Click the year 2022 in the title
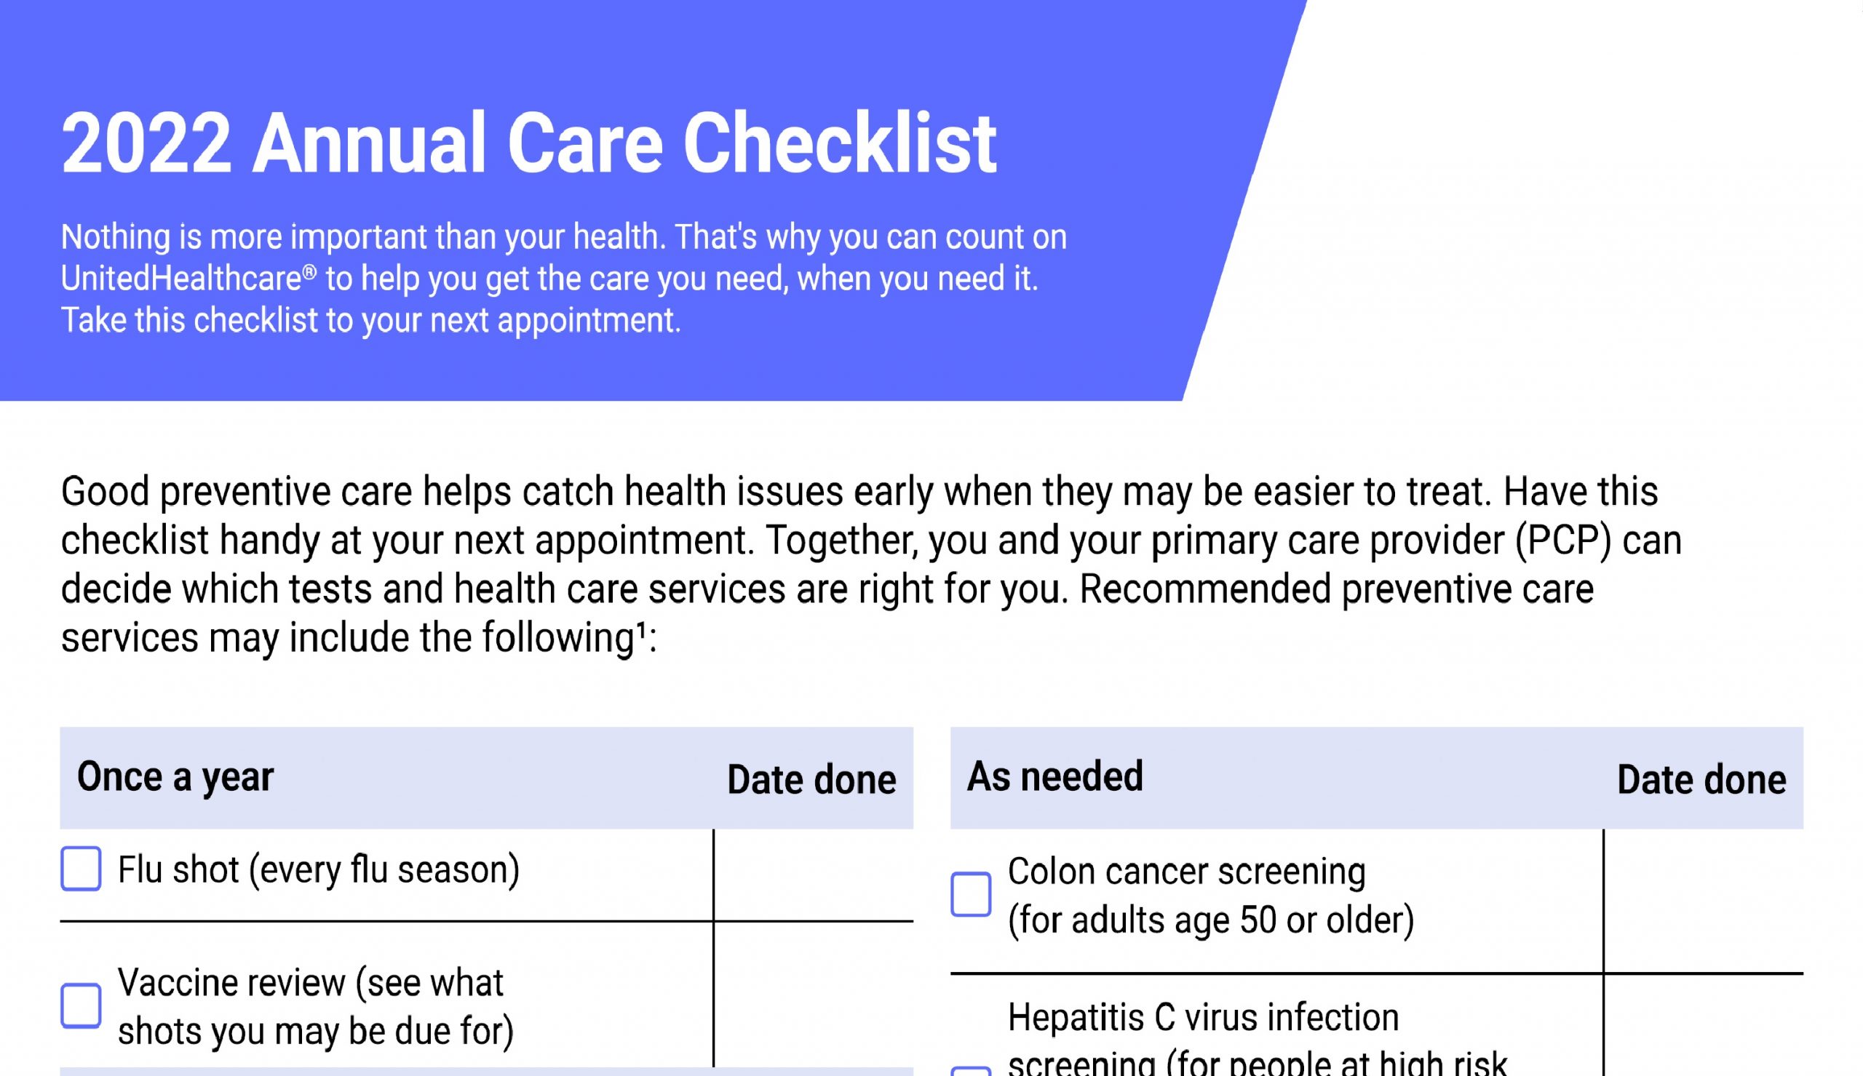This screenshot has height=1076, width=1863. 146,143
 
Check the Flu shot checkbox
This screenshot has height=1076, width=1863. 81,869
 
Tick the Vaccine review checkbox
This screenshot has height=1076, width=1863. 81,1005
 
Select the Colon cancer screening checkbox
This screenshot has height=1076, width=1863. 970,894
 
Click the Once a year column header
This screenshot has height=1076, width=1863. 175,777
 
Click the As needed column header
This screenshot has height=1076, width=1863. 1054,776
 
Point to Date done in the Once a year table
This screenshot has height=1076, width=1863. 811,780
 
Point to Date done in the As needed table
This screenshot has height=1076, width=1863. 1701,780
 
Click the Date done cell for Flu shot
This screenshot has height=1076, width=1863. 814,875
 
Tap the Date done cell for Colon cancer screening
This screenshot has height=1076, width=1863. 1704,901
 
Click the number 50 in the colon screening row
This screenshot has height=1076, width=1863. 1258,920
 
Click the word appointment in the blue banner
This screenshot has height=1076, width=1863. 589,321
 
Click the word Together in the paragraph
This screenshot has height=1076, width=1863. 842,541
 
